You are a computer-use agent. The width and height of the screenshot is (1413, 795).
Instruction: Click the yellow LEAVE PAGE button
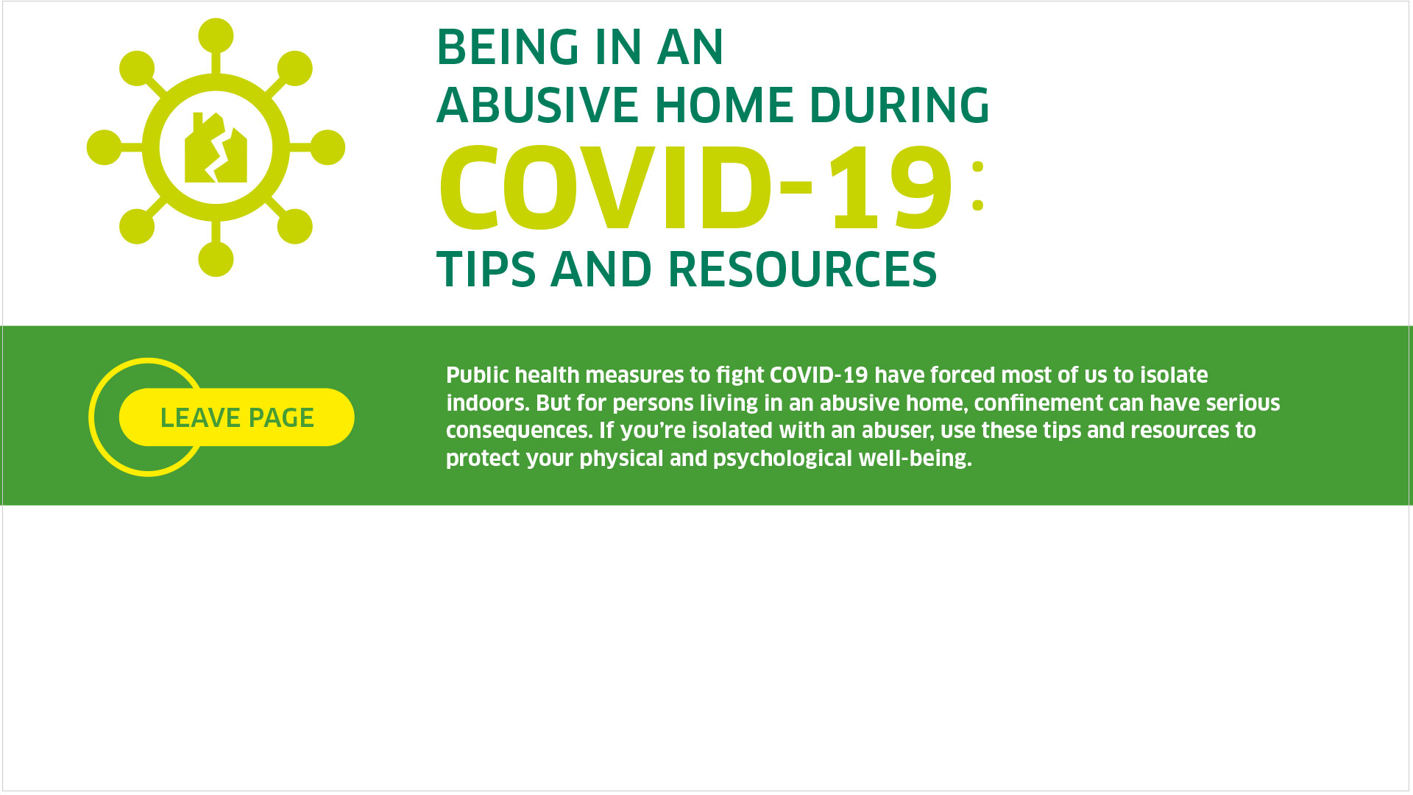point(237,417)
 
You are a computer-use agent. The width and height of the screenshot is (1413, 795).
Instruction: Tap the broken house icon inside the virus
point(216,147)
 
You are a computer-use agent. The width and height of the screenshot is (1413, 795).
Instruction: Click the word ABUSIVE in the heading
point(537,105)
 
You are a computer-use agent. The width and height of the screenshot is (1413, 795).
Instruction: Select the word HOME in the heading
point(723,105)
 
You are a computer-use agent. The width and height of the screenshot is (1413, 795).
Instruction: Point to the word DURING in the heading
point(899,105)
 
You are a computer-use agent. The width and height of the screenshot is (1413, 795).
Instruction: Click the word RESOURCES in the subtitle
point(802,269)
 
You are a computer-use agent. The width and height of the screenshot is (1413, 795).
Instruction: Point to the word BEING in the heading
point(508,47)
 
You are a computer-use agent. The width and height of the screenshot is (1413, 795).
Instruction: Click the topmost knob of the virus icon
point(216,35)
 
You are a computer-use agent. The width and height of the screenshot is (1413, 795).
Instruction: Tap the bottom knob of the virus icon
point(216,259)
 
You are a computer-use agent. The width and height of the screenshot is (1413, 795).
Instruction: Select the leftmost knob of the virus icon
point(104,147)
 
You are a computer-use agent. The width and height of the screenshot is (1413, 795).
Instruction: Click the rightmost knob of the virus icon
point(327,147)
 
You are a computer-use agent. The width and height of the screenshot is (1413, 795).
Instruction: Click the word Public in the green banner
point(477,375)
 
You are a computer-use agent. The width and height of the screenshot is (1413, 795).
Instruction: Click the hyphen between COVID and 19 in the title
point(796,189)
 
